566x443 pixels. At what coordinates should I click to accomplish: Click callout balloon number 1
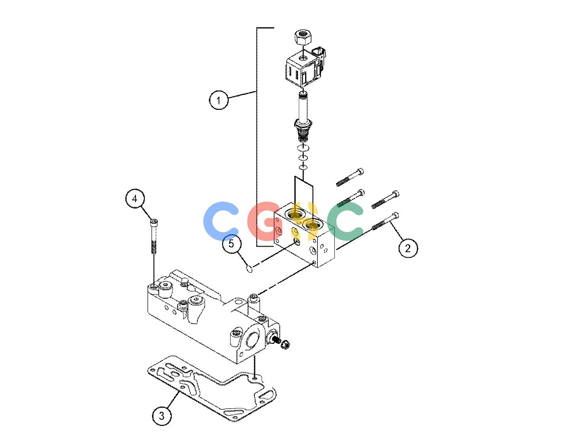[x=219, y=100]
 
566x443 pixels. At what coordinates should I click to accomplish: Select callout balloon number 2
[x=408, y=248]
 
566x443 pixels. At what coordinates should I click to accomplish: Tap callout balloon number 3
[x=162, y=416]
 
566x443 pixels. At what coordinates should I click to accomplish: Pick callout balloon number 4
[x=135, y=199]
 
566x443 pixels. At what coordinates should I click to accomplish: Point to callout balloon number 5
[x=232, y=244]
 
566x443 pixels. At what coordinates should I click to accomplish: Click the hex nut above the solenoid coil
[x=302, y=38]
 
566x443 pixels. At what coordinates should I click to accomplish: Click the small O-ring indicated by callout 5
[x=249, y=268]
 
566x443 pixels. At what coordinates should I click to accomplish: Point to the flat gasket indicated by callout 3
[x=211, y=388]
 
